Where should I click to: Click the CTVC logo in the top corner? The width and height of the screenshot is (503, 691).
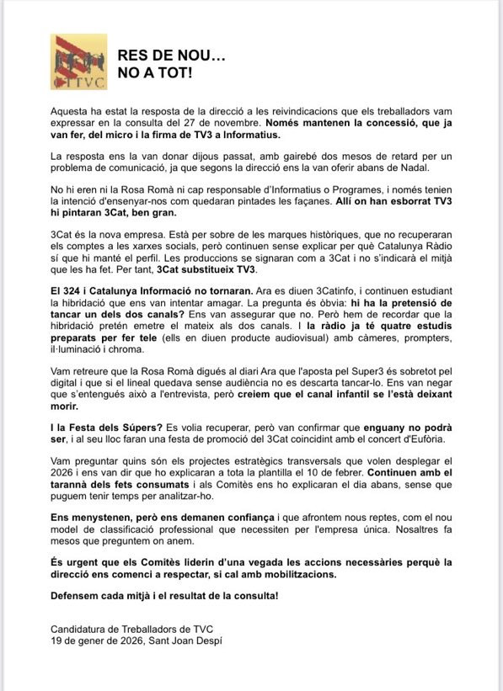tap(78, 61)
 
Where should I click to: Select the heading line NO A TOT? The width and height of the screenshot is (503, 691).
tap(154, 73)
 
